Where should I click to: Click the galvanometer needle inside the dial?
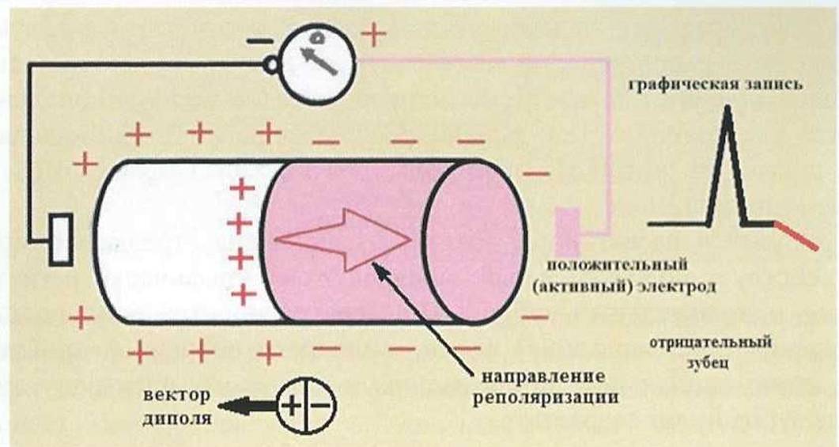[319, 60]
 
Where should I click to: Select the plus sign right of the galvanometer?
[373, 35]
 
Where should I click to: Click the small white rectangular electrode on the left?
[61, 239]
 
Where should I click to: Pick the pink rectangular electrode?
[567, 231]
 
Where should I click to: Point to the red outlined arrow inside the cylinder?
[343, 239]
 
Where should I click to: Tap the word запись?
[770, 85]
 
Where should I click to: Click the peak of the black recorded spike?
[728, 106]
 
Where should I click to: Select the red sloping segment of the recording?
[796, 236]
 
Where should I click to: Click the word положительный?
[617, 265]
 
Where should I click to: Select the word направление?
[543, 377]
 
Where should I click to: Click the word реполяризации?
[545, 398]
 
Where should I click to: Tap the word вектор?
[176, 396]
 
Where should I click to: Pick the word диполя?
[176, 418]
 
